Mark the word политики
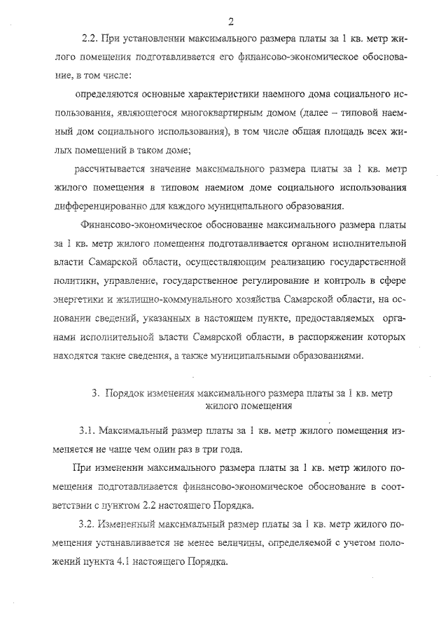point(74,282)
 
